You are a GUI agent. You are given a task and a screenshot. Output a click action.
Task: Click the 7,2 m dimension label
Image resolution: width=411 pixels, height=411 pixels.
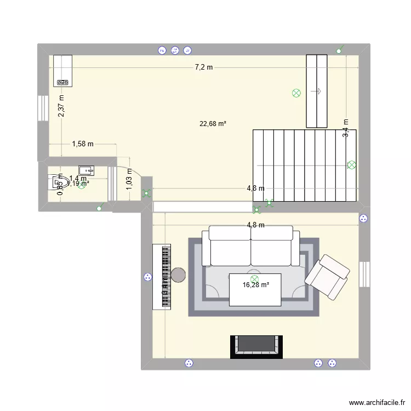(x=204, y=67)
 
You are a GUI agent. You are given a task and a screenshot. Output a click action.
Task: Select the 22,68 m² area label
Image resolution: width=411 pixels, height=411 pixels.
(x=213, y=124)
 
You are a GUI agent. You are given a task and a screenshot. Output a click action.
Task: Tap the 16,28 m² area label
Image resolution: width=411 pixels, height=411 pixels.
(x=256, y=284)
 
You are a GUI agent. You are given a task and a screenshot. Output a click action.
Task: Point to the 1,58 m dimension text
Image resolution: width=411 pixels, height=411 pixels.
(x=83, y=144)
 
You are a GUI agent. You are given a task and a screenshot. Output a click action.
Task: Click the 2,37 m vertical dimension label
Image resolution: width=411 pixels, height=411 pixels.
(x=61, y=105)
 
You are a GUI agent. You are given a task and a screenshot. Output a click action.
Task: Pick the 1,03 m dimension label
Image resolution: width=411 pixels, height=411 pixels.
(x=129, y=179)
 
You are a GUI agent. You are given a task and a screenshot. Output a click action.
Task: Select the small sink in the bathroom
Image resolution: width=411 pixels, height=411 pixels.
(x=87, y=170)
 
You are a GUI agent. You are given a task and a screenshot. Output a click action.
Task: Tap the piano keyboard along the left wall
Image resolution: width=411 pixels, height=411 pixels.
(x=164, y=277)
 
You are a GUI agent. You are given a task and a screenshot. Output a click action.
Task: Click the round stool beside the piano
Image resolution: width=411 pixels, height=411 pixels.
(x=179, y=275)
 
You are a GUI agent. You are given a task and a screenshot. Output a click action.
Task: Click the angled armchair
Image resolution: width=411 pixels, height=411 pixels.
(x=328, y=277)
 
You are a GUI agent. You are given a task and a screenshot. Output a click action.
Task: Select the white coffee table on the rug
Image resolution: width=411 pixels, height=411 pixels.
(x=255, y=289)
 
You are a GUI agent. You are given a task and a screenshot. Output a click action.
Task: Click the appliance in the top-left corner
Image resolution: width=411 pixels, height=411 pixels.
(x=63, y=71)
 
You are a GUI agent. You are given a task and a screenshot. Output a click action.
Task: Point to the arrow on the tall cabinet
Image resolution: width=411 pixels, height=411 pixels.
(x=316, y=92)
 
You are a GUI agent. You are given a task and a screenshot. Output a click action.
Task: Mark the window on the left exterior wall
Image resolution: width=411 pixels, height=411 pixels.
(x=42, y=109)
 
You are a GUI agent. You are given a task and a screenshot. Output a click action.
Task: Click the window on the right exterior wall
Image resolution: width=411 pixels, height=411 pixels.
(x=364, y=274)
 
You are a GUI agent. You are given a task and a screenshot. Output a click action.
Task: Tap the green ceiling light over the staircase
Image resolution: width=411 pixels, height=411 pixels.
(x=351, y=164)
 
